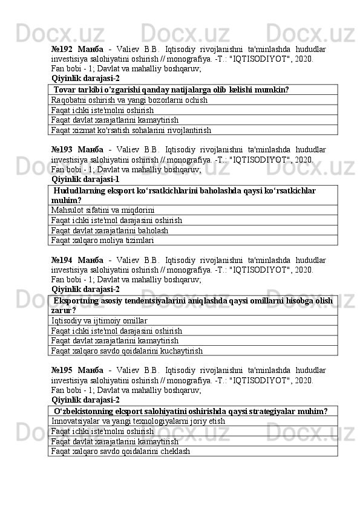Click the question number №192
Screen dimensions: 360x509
pos(62,48)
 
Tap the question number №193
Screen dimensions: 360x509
pos(62,149)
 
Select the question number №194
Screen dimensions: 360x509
pos(62,260)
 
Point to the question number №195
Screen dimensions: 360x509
pos(62,370)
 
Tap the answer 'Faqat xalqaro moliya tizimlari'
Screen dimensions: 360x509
pos(103,241)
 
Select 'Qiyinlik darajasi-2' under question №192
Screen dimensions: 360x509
pos(85,78)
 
